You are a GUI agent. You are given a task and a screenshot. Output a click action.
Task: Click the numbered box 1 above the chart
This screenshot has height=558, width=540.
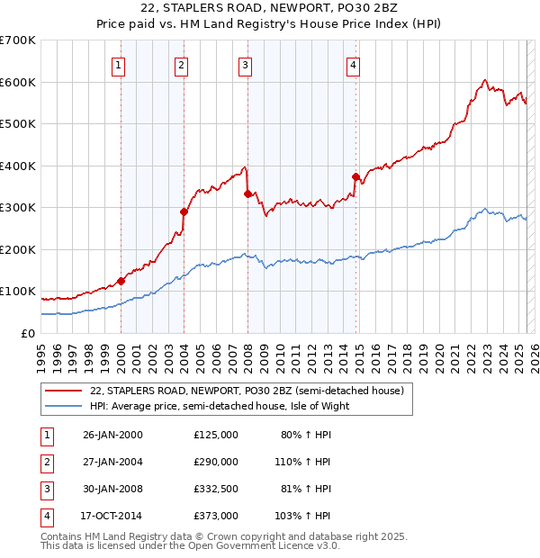119,65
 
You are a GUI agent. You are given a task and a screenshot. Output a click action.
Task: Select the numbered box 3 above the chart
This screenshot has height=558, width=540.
245,65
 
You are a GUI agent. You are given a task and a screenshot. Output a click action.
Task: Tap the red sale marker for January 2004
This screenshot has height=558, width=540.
184,212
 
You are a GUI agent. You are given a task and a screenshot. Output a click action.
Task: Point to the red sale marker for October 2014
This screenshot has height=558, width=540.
355,176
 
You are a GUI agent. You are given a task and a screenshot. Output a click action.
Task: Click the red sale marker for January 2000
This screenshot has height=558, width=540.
121,281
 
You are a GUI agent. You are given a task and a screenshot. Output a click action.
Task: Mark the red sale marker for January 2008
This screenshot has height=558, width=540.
247,193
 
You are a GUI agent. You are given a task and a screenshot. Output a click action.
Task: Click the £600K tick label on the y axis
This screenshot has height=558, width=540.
17,82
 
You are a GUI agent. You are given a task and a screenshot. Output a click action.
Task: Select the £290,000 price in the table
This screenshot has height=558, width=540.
215,461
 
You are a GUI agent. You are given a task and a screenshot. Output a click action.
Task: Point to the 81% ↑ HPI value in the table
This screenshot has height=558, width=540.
306,489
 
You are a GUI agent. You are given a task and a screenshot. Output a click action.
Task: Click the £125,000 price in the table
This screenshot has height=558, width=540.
215,434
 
